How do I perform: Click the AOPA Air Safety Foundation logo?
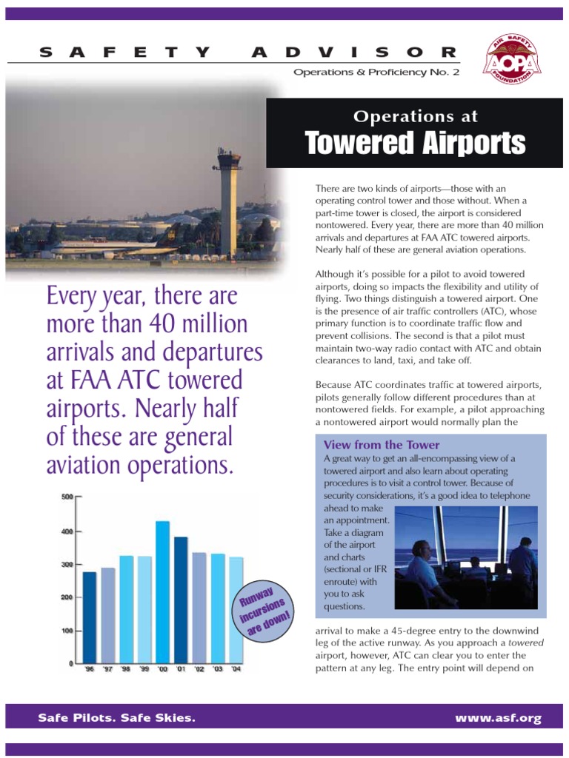(x=512, y=61)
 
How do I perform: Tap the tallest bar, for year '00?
(x=162, y=591)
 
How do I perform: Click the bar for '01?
(x=181, y=599)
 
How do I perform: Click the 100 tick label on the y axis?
(x=67, y=631)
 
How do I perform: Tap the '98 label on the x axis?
(x=126, y=669)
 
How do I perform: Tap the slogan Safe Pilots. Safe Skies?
(x=117, y=718)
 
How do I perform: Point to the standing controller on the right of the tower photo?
(x=522, y=566)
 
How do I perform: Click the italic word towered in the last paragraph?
(x=526, y=643)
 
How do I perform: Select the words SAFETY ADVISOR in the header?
(x=247, y=52)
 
